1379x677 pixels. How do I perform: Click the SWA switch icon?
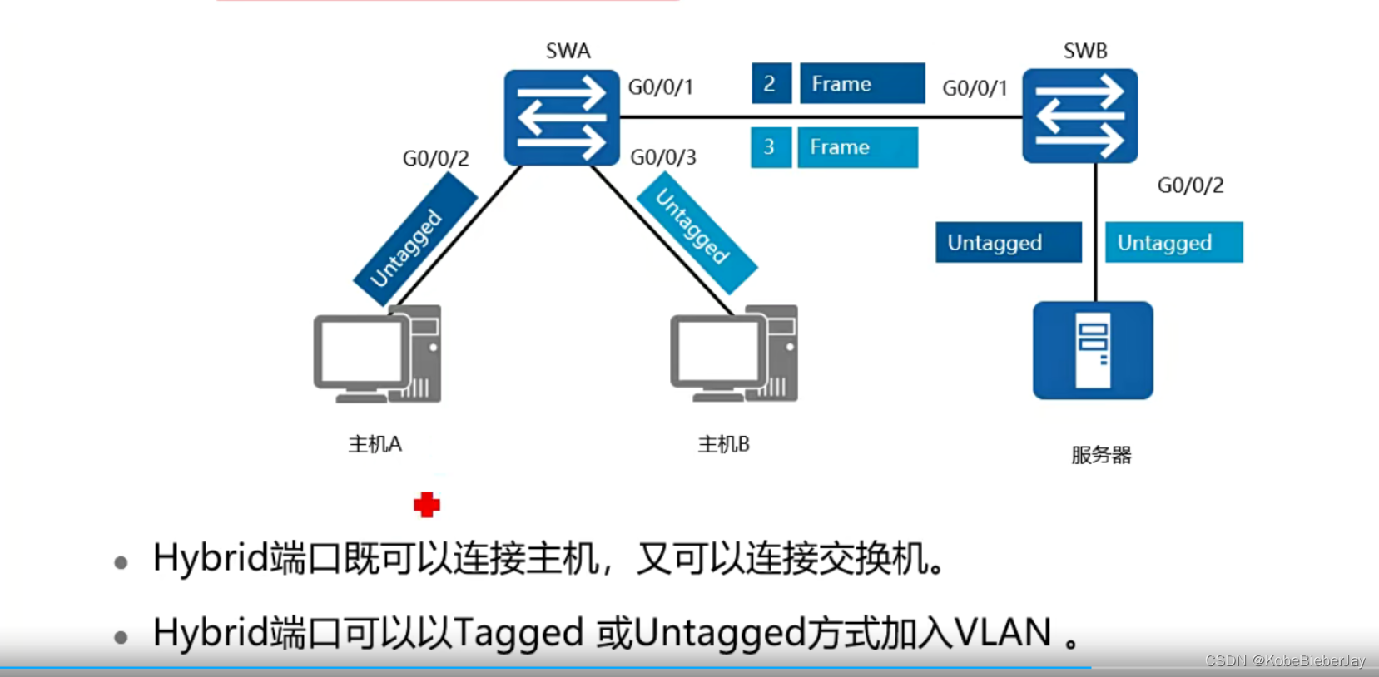[562, 117]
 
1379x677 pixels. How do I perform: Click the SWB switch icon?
[1079, 116]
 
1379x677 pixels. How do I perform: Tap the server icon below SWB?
[1093, 350]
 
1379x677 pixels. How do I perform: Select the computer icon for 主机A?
[377, 355]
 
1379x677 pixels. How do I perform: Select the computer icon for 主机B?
[734, 355]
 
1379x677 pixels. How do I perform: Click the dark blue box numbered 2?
[771, 83]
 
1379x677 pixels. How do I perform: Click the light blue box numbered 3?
[770, 147]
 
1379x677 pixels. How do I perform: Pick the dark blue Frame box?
[861, 83]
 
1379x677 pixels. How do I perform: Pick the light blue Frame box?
[857, 147]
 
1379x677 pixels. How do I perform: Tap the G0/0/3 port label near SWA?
[663, 157]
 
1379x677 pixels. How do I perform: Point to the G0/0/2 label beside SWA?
[435, 158]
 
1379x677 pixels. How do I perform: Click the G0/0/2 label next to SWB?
[1190, 185]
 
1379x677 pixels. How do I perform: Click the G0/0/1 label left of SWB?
[975, 88]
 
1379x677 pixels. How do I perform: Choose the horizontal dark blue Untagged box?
[1008, 242]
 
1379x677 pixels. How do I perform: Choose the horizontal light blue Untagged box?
[1173, 242]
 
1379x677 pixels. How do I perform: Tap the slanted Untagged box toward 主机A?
[414, 239]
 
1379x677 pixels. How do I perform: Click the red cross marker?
[427, 504]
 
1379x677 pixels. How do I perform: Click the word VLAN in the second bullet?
[1003, 632]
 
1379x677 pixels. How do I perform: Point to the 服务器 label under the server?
[1101, 455]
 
